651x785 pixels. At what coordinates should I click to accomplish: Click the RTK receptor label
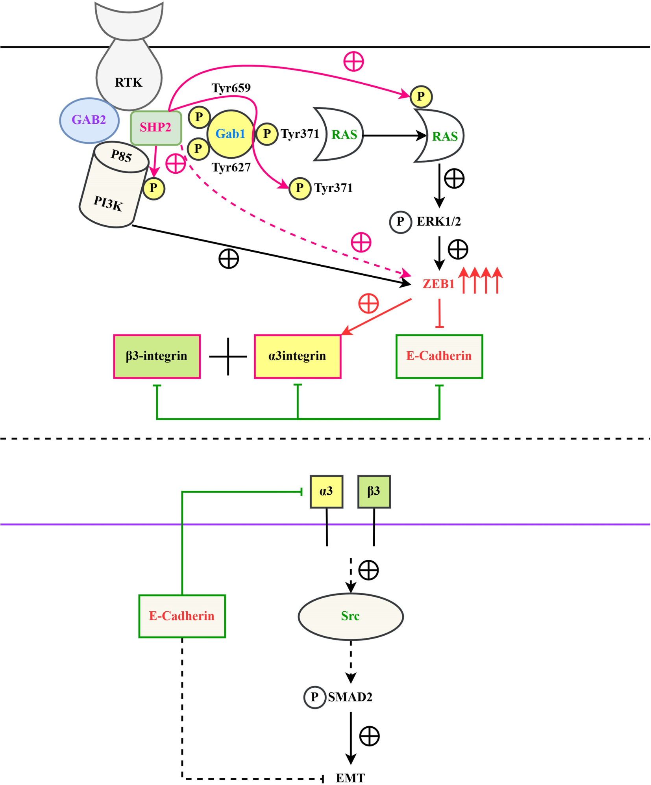pos(129,82)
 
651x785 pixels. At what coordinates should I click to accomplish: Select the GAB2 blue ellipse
pos(89,120)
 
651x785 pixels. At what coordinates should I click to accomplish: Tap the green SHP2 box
pos(156,128)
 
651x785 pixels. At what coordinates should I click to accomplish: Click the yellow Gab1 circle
pos(231,134)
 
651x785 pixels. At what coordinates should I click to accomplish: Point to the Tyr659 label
pos(231,88)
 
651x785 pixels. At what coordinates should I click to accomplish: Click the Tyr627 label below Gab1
pos(231,168)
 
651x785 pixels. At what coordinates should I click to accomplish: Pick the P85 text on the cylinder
pos(121,156)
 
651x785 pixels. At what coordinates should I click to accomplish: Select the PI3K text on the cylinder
pos(108,203)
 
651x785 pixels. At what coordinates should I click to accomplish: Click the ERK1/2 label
pos(438,222)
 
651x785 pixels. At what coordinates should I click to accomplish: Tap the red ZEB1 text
pos(438,284)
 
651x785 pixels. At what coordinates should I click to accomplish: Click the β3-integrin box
pos(157,356)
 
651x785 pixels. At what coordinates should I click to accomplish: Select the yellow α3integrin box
pos(298,356)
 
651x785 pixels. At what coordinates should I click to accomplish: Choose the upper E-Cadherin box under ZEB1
pos(439,356)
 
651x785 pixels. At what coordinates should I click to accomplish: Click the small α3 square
pos(326,491)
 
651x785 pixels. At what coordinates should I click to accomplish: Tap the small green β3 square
pos(374,491)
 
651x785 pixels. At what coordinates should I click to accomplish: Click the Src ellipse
pos(350,616)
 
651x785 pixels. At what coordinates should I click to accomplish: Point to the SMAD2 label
pos(350,697)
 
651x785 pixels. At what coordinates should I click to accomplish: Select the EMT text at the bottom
pos(350,778)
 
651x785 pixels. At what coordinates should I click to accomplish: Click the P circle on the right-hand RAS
pos(421,97)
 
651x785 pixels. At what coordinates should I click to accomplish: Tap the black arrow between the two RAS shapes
pos(394,135)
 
